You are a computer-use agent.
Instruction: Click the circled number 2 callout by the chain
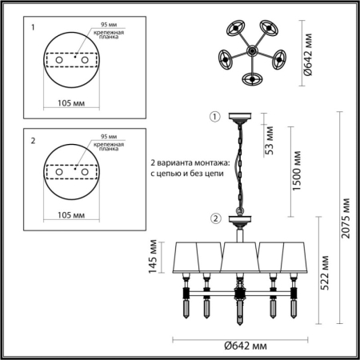coord(215,218)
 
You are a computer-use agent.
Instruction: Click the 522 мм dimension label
coord(325,275)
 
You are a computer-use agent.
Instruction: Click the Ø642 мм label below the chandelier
coord(240,346)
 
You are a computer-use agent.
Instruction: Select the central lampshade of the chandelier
coord(238,257)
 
